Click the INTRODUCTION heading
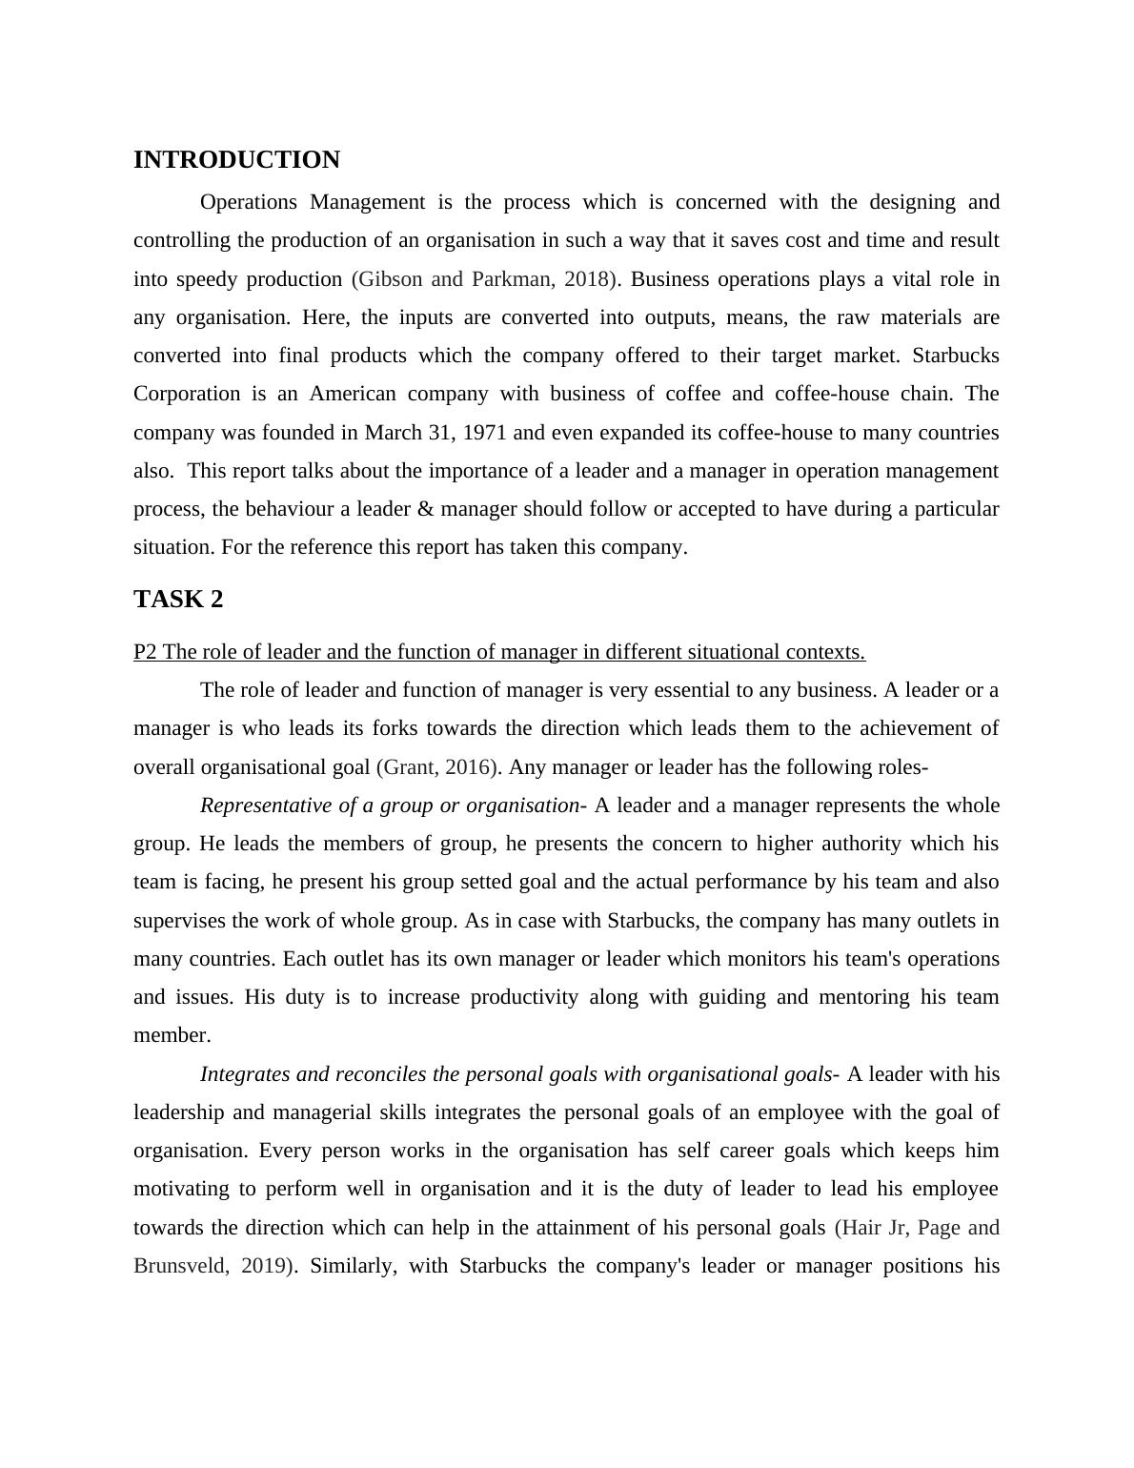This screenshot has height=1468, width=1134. (x=236, y=160)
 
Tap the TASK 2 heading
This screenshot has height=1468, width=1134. (x=178, y=600)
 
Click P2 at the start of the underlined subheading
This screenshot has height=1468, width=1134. (x=146, y=652)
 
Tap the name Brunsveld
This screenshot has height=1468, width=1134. (x=180, y=1266)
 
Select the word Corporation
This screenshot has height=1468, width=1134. (x=187, y=394)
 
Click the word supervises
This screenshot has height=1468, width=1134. (x=183, y=921)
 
